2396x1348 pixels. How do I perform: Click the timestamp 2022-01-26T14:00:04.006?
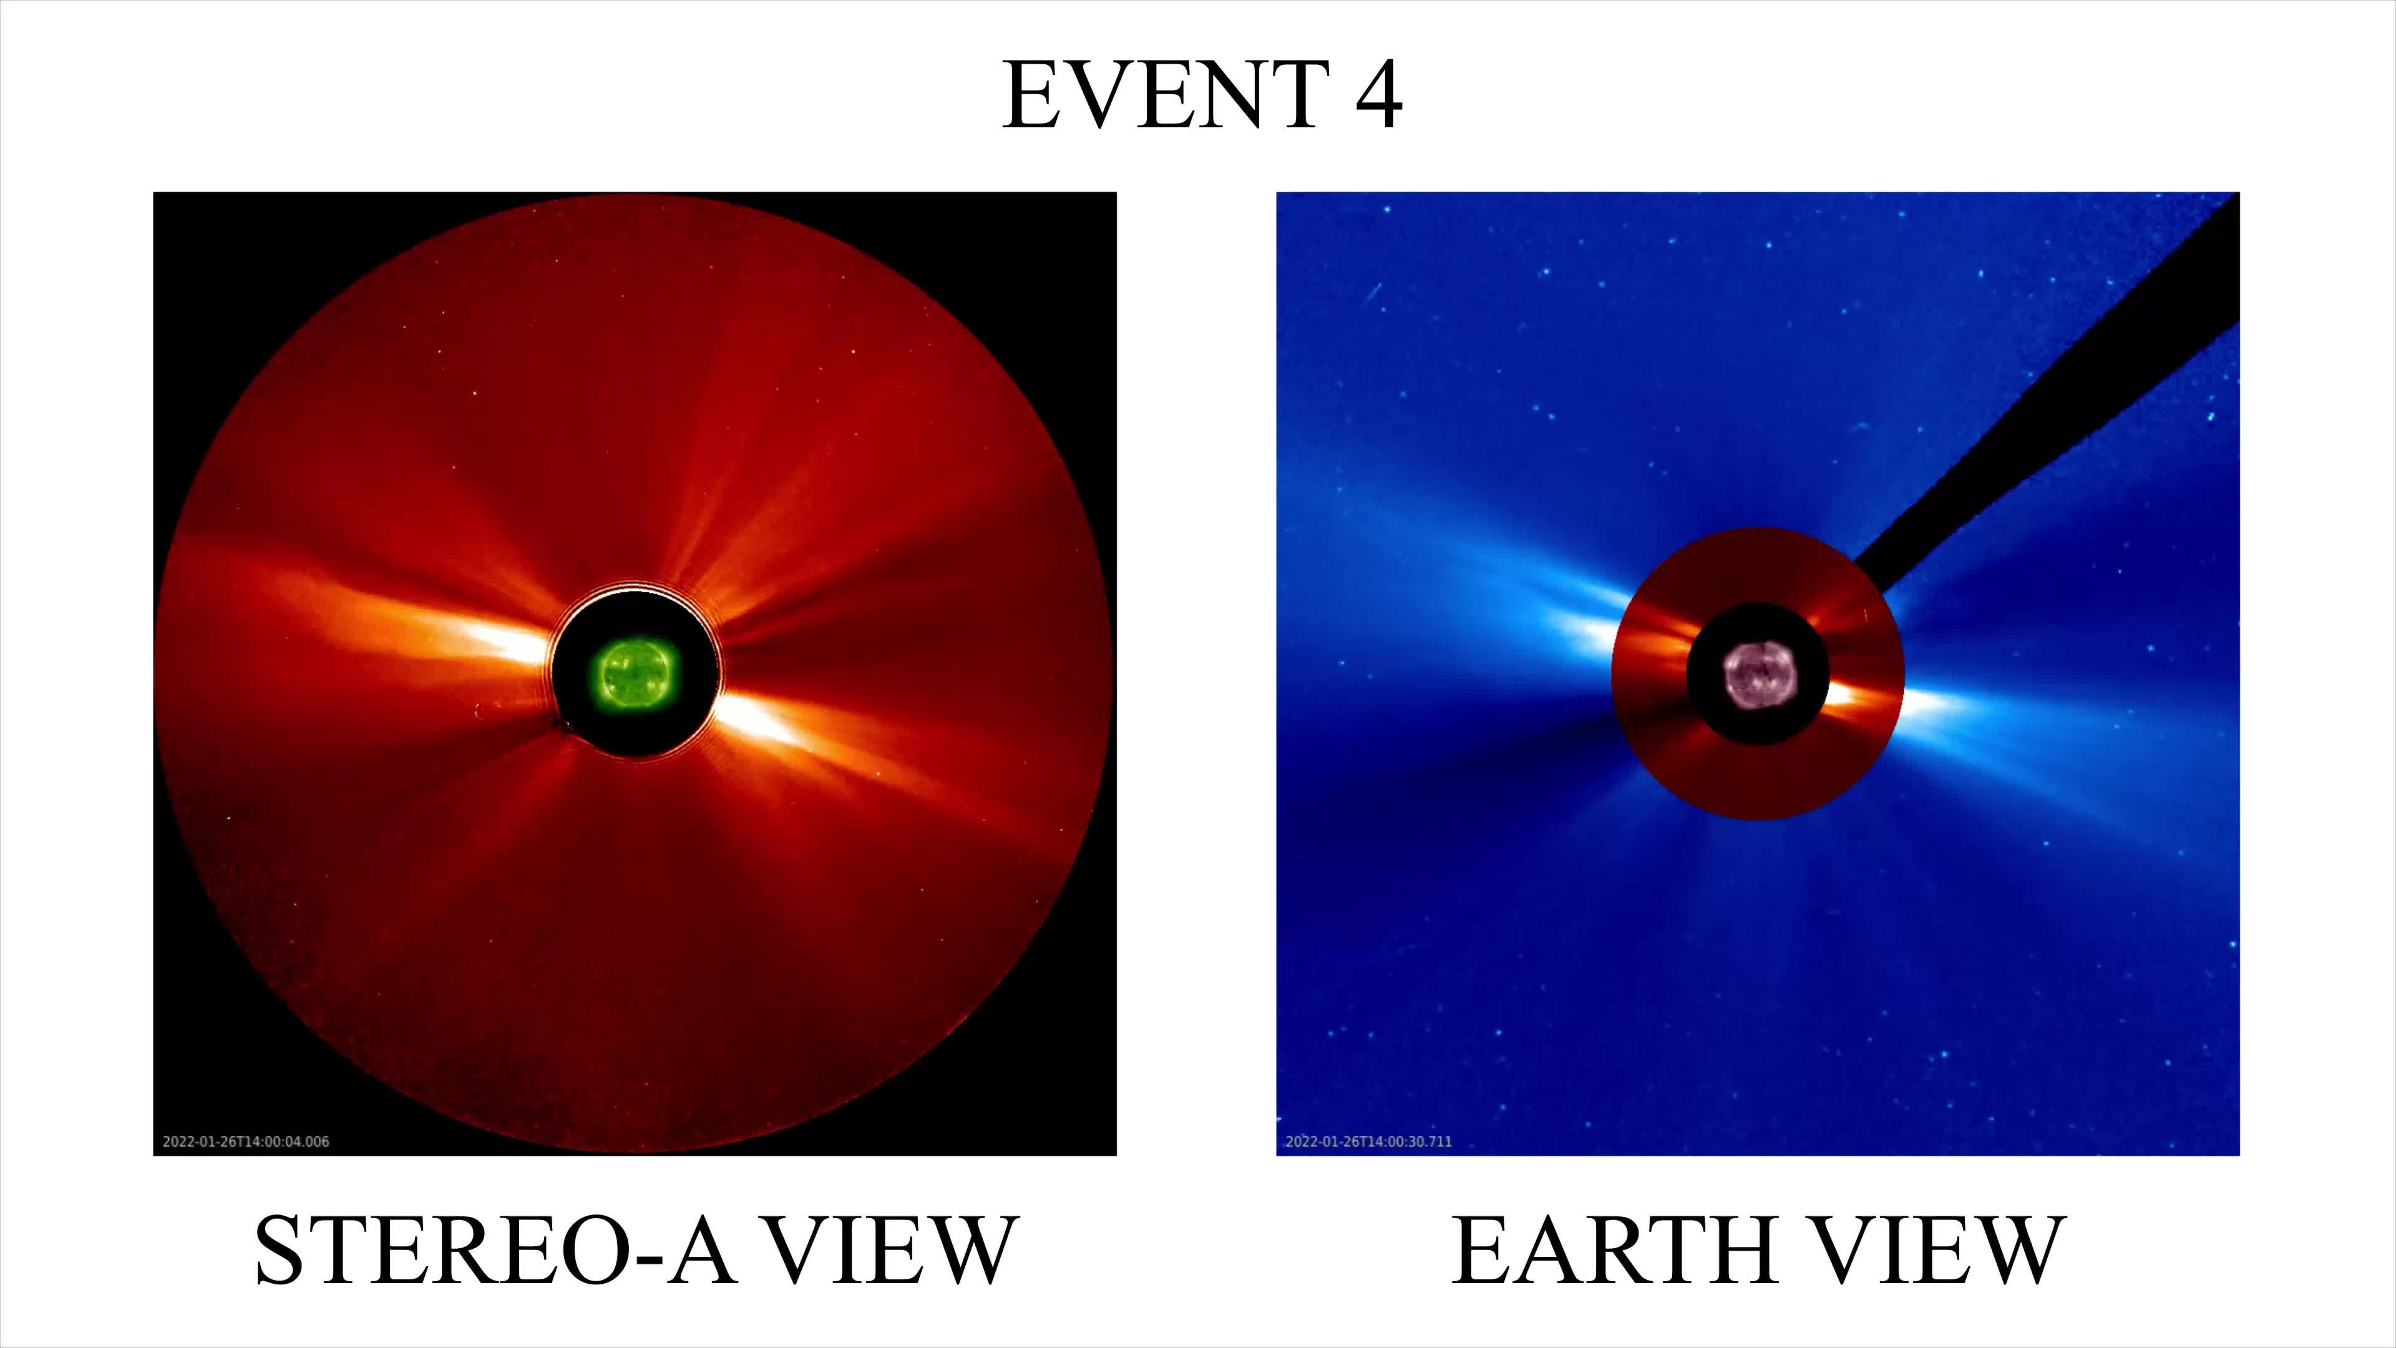pyautogui.click(x=246, y=1141)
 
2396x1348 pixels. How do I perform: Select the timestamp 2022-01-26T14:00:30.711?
pyautogui.click(x=1368, y=1141)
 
